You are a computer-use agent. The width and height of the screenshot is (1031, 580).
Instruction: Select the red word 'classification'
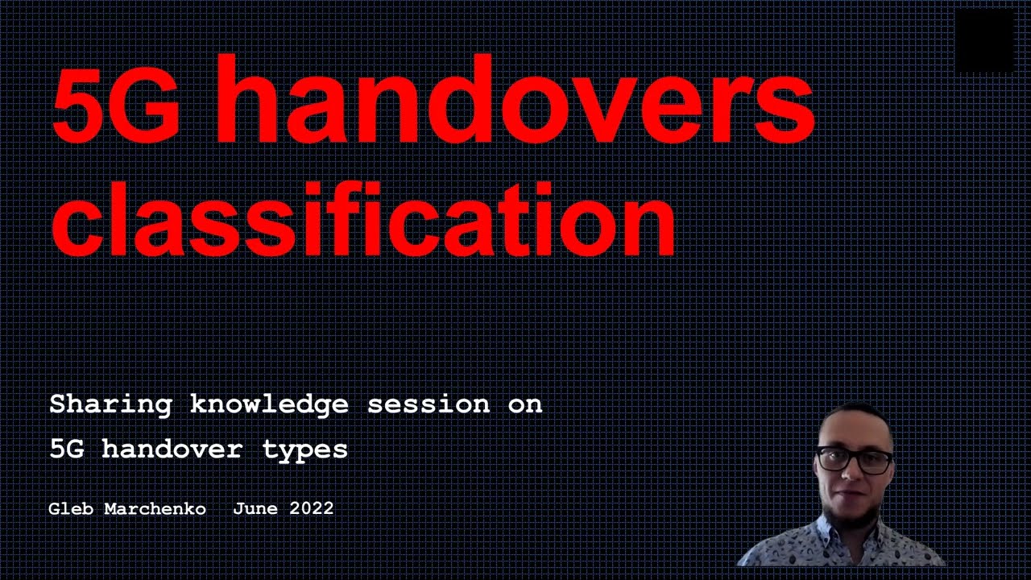pyautogui.click(x=362, y=217)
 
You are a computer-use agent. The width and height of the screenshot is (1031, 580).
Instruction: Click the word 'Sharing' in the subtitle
pyautogui.click(x=110, y=404)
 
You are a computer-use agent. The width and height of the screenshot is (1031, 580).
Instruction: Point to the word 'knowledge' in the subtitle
pyautogui.click(x=269, y=404)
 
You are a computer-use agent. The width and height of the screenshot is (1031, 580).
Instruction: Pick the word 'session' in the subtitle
pyautogui.click(x=428, y=404)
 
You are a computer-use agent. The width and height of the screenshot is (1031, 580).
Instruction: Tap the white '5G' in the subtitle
pyautogui.click(x=66, y=449)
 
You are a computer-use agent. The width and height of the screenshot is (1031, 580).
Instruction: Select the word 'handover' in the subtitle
pyautogui.click(x=172, y=449)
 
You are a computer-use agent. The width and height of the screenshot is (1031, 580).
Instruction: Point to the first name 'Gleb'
pyautogui.click(x=71, y=509)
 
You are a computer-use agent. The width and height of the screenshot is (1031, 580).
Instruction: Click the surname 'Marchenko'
pyautogui.click(x=155, y=509)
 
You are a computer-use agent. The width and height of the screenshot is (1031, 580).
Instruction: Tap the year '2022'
pyautogui.click(x=311, y=509)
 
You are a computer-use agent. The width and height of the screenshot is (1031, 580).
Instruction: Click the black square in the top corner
pyautogui.click(x=983, y=42)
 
